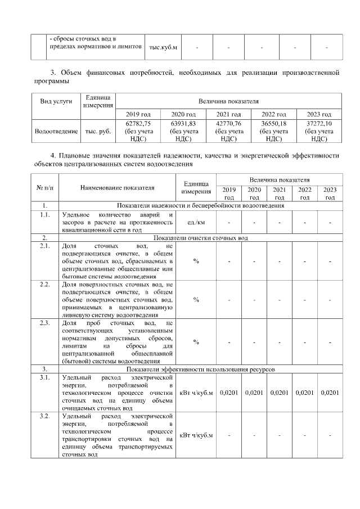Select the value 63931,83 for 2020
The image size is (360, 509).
point(184,123)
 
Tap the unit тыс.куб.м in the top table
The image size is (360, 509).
point(163,47)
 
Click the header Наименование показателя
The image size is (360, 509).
point(117,187)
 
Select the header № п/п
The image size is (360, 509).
point(44,187)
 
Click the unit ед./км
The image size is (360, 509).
point(196,222)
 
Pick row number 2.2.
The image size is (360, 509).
point(44,286)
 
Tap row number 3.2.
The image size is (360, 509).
point(44,416)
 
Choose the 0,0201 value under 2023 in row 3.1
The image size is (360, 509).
point(330,392)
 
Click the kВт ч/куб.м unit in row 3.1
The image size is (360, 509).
point(196,392)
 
